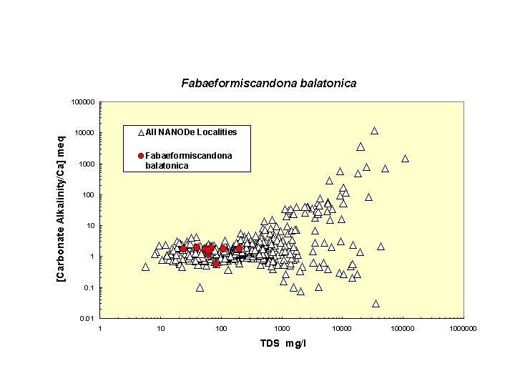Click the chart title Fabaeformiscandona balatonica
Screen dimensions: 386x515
tap(268, 84)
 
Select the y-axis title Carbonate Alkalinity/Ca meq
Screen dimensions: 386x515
tap(62, 208)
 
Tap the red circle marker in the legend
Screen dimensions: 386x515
tap(141, 156)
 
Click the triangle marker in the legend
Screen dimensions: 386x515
tap(141, 132)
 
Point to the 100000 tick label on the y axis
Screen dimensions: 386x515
tap(83, 102)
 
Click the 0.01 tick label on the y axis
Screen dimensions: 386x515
tap(87, 319)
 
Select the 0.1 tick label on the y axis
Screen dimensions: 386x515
tap(89, 288)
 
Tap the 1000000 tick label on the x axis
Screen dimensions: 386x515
tap(463, 327)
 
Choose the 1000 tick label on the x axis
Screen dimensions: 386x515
tap(282, 327)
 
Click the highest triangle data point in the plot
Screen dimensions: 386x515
tap(374, 131)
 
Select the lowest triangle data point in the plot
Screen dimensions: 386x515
tap(376, 304)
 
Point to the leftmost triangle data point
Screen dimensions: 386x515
tap(145, 267)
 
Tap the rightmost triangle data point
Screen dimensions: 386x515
tap(405, 159)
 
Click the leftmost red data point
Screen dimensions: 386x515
tap(183, 249)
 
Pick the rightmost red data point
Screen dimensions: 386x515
tap(239, 249)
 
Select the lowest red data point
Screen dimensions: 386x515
tap(216, 264)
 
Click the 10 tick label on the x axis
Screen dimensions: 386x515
tap(161, 327)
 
